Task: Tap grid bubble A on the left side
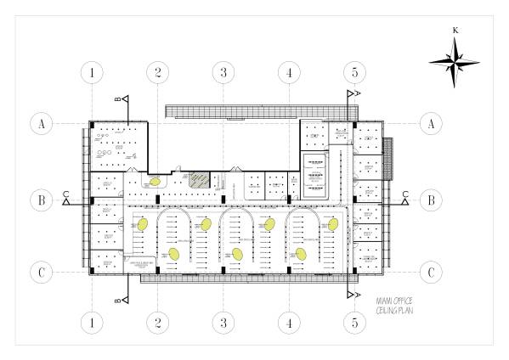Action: coord(40,124)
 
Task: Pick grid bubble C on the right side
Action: coord(431,273)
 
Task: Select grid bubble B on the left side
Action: coord(40,200)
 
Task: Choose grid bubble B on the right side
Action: coord(431,200)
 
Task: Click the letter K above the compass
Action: coord(456,31)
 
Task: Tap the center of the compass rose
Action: coord(456,60)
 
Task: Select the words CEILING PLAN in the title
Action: coord(393,312)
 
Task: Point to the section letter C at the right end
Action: coord(405,194)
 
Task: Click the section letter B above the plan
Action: coord(117,99)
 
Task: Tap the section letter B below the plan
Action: coord(117,300)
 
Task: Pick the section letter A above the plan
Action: coord(359,92)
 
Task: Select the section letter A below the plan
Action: coord(359,295)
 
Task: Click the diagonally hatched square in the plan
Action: coord(198,180)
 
